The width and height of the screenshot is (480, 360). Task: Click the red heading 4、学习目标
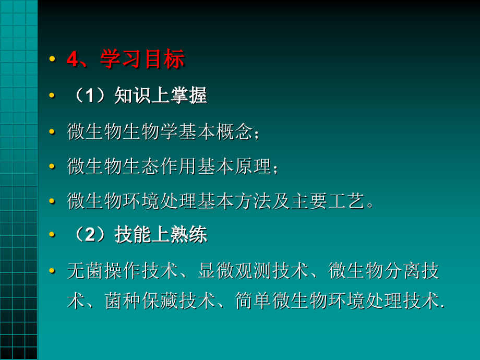tap(125, 60)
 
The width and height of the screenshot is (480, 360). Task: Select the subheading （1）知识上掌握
tap(138, 95)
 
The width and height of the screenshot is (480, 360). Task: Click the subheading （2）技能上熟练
tap(138, 235)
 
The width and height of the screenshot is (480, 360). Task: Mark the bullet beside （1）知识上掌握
tap(52, 96)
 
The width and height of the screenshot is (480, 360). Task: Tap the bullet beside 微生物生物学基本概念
tap(52, 132)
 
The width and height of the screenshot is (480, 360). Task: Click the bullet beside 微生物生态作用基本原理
tap(52, 167)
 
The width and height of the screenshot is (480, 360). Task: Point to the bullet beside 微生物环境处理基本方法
tap(52, 201)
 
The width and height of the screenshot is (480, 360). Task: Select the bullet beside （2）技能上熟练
tap(52, 236)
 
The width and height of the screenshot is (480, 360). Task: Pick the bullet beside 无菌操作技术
tap(52, 271)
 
